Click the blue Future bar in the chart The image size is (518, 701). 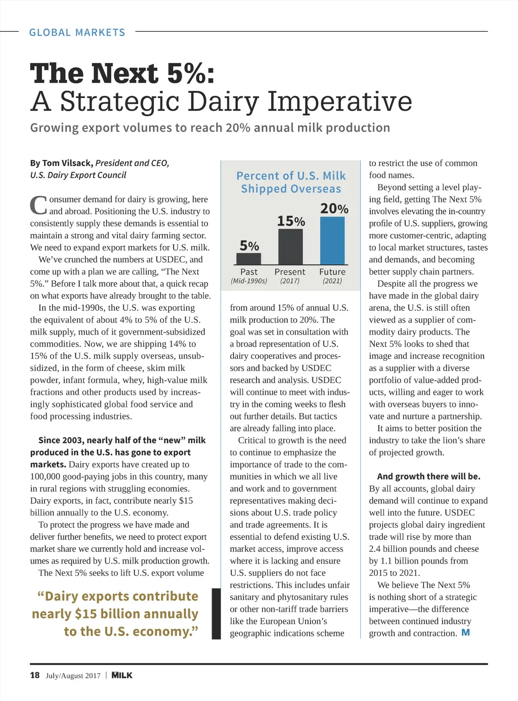click(x=332, y=240)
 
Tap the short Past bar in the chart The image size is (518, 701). click(x=249, y=258)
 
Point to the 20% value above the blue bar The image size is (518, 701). click(x=334, y=208)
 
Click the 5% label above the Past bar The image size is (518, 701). click(x=249, y=246)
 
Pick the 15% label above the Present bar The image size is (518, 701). click(x=291, y=221)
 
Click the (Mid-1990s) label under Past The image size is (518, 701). click(x=249, y=281)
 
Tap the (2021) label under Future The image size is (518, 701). click(x=332, y=281)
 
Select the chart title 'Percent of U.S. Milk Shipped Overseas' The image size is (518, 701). click(x=291, y=182)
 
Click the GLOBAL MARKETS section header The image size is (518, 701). click(x=77, y=32)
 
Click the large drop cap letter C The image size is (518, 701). click(x=38, y=205)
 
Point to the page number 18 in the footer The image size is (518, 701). click(x=34, y=675)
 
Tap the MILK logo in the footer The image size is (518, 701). click(x=122, y=675)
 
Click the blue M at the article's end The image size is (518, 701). click(x=465, y=633)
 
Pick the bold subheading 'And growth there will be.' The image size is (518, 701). click(x=428, y=476)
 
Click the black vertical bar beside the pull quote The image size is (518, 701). click(x=216, y=614)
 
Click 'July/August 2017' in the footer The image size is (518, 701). click(x=73, y=676)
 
